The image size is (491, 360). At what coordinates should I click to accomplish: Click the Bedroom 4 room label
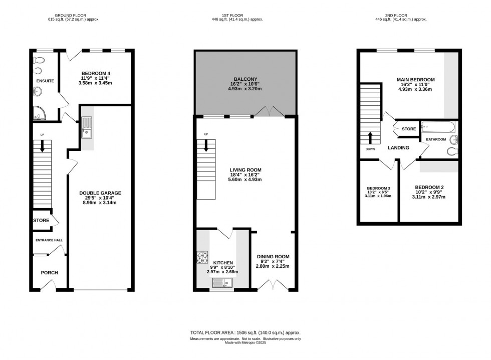coord(96,74)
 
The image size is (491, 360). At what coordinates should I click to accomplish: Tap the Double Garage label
coord(100,193)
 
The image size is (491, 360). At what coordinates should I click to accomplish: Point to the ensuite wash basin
coord(38,91)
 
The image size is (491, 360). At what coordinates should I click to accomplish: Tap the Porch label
coord(49,273)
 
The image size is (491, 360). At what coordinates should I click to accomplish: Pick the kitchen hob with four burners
coord(202,257)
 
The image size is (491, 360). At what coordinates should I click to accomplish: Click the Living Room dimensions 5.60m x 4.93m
coord(245,179)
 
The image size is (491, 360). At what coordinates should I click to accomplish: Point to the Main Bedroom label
coord(416,80)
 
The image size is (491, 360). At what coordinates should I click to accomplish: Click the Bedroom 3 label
coord(378,189)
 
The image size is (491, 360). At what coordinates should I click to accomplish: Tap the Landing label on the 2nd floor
coord(398,148)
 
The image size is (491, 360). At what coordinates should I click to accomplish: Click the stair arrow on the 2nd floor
coord(371,137)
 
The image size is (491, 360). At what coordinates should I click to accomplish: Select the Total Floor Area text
coord(245,333)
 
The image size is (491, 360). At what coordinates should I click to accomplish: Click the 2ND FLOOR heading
coord(400,15)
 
